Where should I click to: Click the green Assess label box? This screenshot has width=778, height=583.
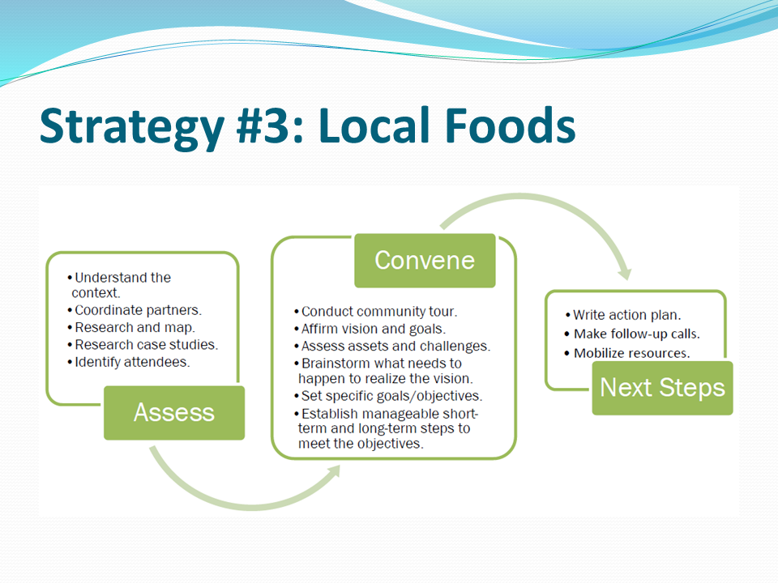point(174,413)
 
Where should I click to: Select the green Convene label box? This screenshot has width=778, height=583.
point(425,261)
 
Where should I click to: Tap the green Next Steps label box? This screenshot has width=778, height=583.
point(662,388)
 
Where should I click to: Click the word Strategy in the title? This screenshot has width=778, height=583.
point(132,127)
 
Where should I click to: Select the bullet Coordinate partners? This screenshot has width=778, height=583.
point(135,310)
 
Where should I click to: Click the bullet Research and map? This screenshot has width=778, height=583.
point(131,328)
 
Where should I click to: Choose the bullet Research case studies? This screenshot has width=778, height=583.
point(143,345)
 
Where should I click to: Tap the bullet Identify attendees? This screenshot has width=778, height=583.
point(129,363)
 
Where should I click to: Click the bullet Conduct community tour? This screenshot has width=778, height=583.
point(375,312)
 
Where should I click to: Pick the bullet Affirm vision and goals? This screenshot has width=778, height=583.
point(370,330)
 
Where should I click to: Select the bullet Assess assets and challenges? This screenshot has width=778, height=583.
point(392,346)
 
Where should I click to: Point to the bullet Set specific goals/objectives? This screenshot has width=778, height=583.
point(388,396)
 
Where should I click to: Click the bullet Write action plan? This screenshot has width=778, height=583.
point(622,315)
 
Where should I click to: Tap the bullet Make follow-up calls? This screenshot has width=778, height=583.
point(632,334)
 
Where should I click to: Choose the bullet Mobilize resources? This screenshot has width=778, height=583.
point(627,353)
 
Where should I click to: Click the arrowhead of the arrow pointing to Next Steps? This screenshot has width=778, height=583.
point(626,273)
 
